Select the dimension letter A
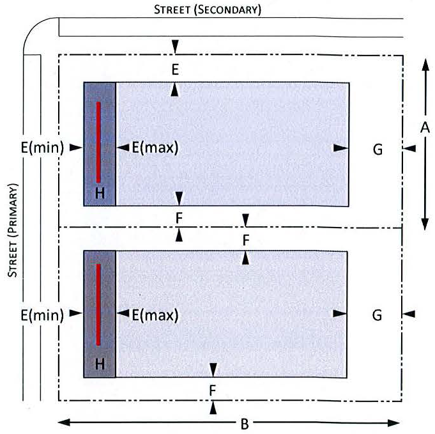[424, 128]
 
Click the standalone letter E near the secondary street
[175, 70]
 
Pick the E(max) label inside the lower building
[155, 314]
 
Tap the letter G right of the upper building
[378, 149]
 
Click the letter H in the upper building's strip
[100, 194]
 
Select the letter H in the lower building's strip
[100, 364]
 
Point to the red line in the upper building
[99, 141]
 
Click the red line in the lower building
[99, 304]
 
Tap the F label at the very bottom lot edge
[213, 388]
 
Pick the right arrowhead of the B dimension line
[397, 422]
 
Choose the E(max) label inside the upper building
[155, 148]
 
